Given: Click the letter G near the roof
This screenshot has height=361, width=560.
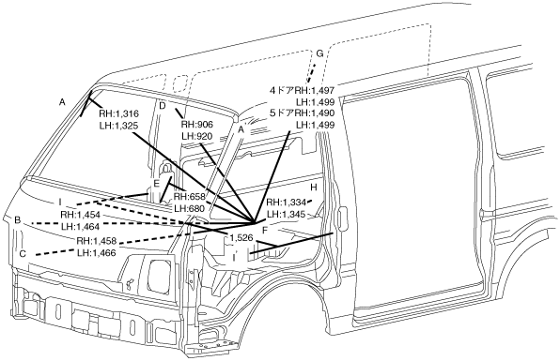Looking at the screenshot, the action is (319, 53).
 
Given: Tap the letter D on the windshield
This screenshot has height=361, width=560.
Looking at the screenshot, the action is (163, 105).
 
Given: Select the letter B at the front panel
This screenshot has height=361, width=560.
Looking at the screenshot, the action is (17, 220).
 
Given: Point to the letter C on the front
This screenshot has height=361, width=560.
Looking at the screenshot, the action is (23, 254).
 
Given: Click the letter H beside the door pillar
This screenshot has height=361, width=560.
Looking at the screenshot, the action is (314, 188).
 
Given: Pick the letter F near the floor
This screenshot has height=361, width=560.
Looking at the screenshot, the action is (265, 231).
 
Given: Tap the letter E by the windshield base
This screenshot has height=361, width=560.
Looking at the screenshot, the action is (156, 184).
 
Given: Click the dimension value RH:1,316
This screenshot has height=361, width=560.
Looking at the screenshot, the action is (118, 113).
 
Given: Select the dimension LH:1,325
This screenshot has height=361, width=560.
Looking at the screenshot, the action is (118, 126).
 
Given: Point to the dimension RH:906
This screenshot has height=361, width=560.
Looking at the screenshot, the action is (197, 125).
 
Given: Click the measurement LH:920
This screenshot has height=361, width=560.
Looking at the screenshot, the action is (196, 136).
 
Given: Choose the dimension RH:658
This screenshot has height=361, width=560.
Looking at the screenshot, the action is (190, 197).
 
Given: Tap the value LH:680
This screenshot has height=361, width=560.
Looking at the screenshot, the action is (189, 208).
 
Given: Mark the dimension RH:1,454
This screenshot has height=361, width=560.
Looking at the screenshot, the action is (80, 215).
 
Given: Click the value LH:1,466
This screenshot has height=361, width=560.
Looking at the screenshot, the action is (97, 252).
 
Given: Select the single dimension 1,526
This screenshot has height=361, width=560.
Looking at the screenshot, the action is (241, 237).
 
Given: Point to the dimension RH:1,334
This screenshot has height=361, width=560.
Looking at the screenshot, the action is (287, 203).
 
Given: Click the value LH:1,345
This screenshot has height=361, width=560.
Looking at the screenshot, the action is (287, 214).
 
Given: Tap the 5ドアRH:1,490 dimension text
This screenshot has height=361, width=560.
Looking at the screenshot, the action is (303, 113).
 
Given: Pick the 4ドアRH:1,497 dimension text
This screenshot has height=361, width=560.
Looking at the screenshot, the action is (303, 91).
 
